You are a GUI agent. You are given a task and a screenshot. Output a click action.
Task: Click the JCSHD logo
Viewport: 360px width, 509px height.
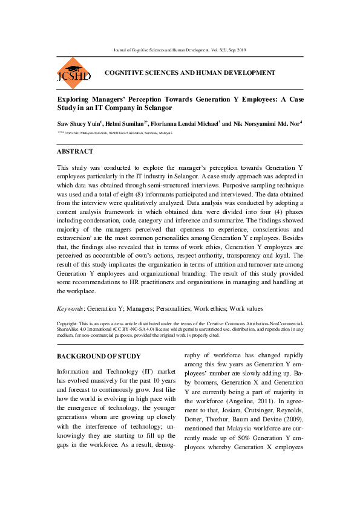[x=73, y=74]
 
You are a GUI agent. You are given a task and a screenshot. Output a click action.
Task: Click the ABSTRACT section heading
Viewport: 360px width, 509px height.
[x=74, y=152]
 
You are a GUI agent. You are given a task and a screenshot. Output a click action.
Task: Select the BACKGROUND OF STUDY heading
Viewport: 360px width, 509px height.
[x=98, y=356]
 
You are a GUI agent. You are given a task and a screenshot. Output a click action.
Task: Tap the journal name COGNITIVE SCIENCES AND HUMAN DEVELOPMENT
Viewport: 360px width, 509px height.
[x=189, y=73]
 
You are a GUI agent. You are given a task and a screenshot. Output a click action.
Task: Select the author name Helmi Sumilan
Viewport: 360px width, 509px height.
[x=125, y=123]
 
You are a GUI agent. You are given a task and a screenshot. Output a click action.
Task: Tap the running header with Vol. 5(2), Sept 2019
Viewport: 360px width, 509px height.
[x=180, y=50]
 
